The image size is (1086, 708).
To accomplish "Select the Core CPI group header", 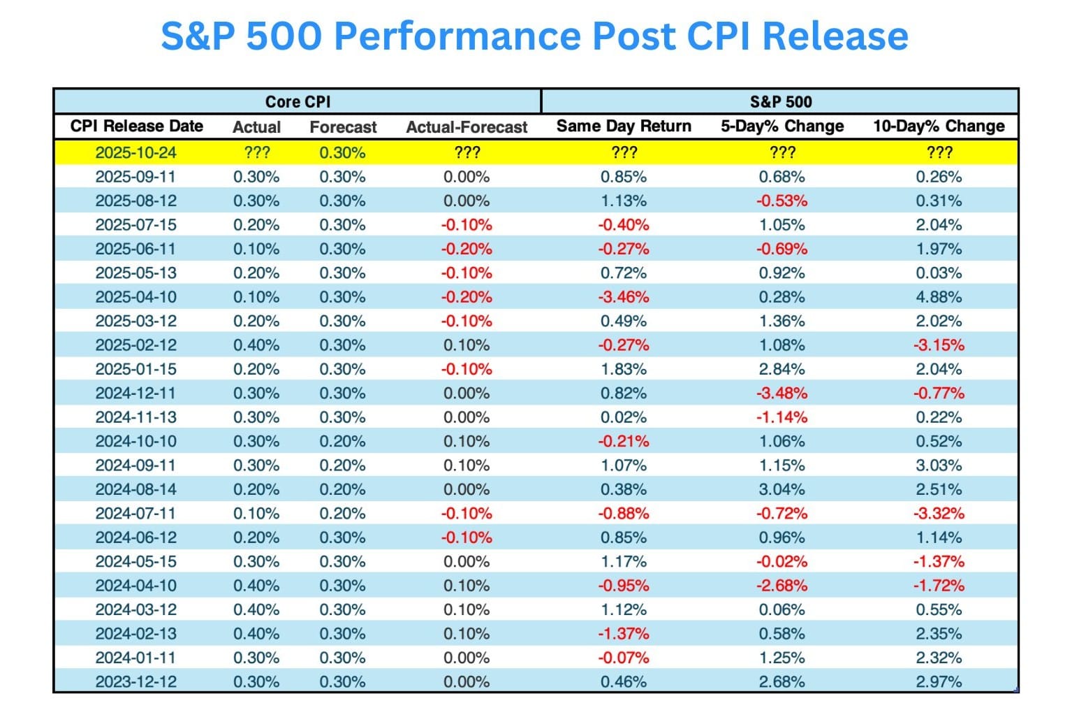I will (298, 101).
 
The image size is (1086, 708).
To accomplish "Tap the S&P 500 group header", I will (781, 101).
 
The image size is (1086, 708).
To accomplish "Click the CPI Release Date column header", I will (137, 127).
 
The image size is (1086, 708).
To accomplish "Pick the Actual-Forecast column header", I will (467, 127).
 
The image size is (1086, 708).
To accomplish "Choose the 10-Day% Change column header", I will (939, 127).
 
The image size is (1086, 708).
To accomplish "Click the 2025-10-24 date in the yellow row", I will (135, 152).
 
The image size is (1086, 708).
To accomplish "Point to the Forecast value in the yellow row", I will (342, 152).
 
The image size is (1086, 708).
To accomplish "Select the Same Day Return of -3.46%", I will (623, 297).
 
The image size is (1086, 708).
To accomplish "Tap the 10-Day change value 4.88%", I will (939, 297).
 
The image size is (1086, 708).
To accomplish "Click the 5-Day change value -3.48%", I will (782, 393).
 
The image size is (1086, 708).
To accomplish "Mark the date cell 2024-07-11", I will (135, 514).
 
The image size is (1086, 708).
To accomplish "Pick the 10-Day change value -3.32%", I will (939, 514).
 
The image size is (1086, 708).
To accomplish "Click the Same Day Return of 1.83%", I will (623, 369).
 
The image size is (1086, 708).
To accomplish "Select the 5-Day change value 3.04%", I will (782, 489).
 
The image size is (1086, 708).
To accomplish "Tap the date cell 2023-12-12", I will (135, 681).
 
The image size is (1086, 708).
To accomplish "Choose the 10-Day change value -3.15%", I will (939, 345).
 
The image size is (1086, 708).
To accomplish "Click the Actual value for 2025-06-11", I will (256, 249).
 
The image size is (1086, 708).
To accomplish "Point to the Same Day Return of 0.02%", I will (623, 417).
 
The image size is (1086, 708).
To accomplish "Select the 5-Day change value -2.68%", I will (782, 586).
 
